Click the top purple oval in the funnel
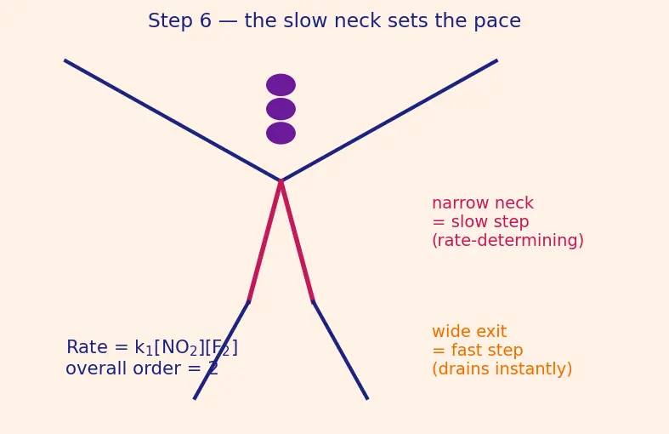[281, 85]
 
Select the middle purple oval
[281, 109]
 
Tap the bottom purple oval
[281, 134]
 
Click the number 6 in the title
[205, 20]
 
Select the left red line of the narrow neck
[264, 241]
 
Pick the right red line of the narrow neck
[297, 241]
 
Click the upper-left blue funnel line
[173, 121]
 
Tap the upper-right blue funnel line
[389, 121]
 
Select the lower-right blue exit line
[340, 351]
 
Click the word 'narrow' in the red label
[460, 203]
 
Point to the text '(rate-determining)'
[507, 241]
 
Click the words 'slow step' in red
[490, 222]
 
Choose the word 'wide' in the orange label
[451, 332]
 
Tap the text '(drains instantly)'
[502, 369]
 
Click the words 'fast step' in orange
[487, 351]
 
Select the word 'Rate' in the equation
[87, 347]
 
